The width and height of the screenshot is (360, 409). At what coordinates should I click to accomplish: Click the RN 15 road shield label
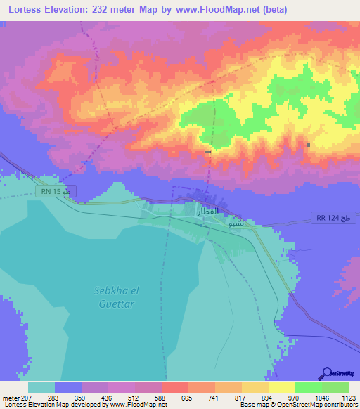point(56,190)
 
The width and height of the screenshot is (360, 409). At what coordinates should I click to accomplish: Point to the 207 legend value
point(25,397)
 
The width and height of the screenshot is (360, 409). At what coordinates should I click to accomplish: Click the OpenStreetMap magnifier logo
point(326,374)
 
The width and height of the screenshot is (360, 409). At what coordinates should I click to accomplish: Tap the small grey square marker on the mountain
point(309,145)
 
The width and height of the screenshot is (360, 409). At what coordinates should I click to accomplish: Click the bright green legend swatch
point(308,387)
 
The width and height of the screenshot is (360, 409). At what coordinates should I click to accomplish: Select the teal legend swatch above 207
point(41,387)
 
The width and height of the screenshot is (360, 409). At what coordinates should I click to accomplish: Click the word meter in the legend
point(9,397)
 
